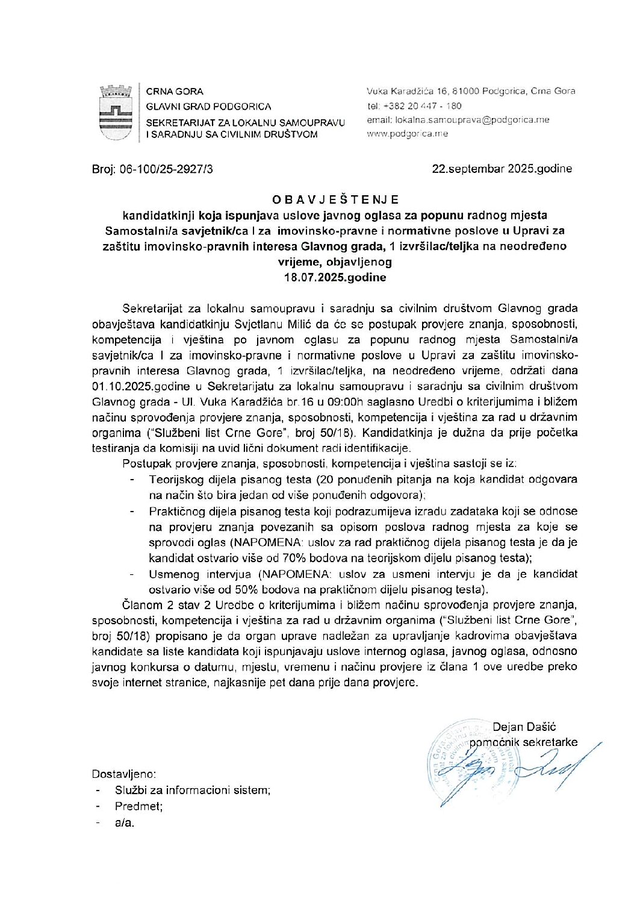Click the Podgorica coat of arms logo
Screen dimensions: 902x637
116,113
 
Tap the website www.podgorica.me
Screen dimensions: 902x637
408,134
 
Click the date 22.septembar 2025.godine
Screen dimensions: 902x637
502,169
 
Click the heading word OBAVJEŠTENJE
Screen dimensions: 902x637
335,199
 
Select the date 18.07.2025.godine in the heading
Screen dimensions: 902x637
335,278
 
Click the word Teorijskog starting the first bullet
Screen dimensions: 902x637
176,480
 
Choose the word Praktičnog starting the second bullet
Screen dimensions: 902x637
176,512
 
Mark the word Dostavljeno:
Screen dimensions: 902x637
124,774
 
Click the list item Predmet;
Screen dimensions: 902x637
138,806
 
